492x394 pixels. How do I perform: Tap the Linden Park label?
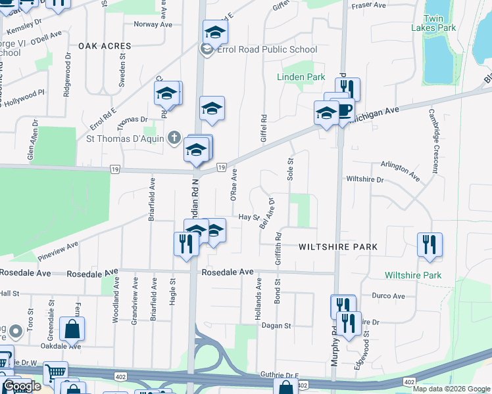301,77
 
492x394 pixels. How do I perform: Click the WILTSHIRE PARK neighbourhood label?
337,247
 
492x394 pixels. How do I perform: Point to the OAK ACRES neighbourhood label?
105,46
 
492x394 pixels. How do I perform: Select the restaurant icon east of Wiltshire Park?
430,244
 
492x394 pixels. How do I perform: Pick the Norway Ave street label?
153,24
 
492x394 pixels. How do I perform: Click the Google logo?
22,386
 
